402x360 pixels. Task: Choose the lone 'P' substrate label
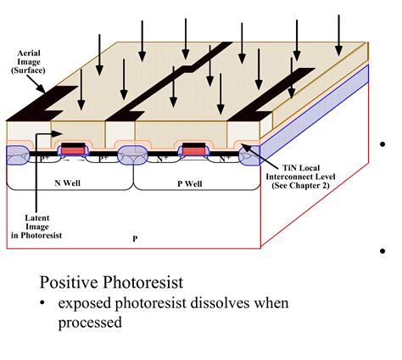(x=135, y=239)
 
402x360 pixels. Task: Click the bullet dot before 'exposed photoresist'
(x=45, y=304)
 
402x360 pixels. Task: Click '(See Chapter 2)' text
(x=302, y=187)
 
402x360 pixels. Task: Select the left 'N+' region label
(x=162, y=158)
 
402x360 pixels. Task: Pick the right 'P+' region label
(x=103, y=158)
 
